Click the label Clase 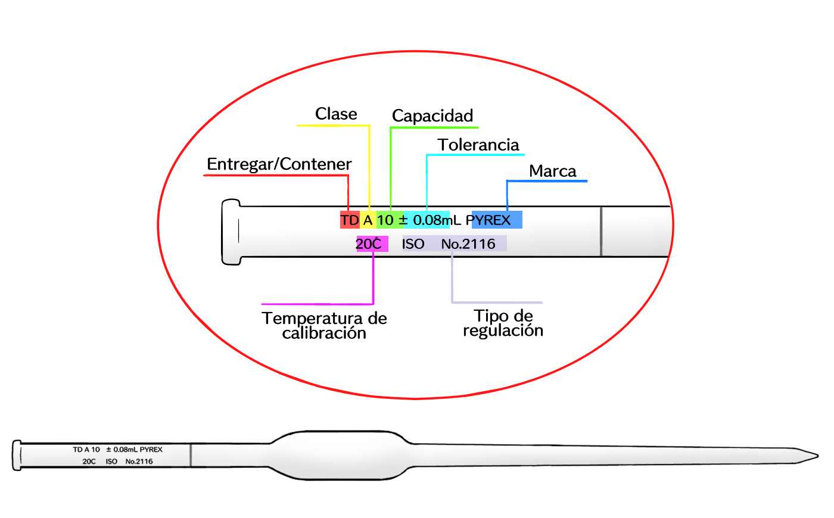click(336, 114)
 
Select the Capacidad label click(432, 116)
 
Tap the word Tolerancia click(478, 145)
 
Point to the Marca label click(552, 171)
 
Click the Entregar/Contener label click(279, 164)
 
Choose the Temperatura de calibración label click(324, 325)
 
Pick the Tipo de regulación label click(503, 323)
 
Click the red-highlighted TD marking click(350, 220)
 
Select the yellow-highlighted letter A click(368, 220)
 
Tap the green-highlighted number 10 click(385, 220)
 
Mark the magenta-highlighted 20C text click(369, 244)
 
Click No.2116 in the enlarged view click(468, 244)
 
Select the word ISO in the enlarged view click(413, 244)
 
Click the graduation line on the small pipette click(191, 455)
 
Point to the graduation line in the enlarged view click(601, 232)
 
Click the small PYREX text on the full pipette click(151, 450)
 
